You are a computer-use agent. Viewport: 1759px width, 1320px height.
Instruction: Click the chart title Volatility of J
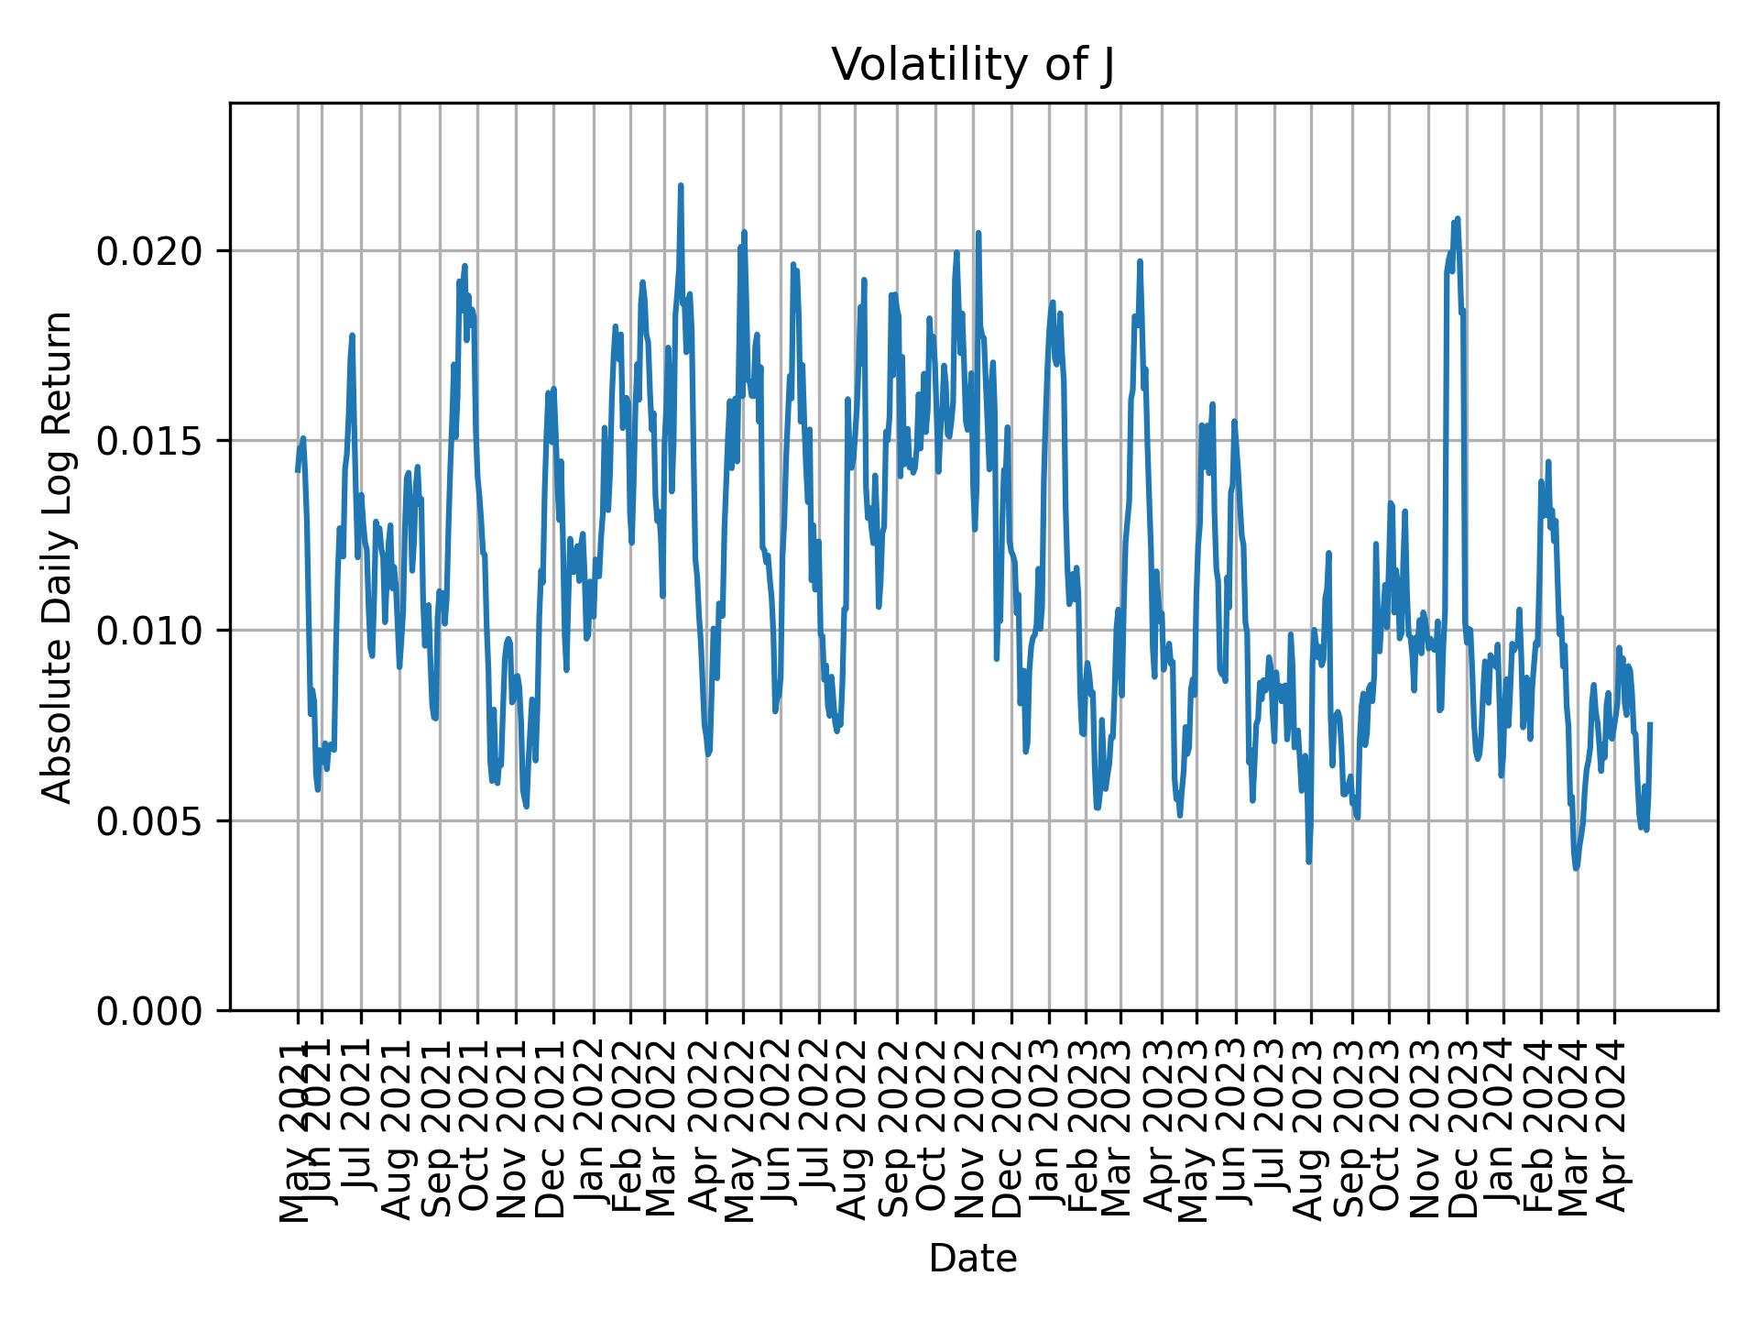point(972,66)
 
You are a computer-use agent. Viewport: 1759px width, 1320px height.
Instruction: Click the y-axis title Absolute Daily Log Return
point(59,556)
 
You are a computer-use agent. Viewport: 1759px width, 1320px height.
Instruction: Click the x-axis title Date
point(972,1259)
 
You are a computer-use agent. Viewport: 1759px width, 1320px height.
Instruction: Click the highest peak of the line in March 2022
point(681,185)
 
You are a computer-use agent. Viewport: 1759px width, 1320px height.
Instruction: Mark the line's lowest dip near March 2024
point(1576,868)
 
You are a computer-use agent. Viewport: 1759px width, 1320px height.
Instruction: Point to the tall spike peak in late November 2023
point(1457,218)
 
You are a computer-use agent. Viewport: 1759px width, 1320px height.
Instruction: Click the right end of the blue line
point(1650,724)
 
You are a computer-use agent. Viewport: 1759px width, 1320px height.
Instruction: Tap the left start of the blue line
point(298,470)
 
